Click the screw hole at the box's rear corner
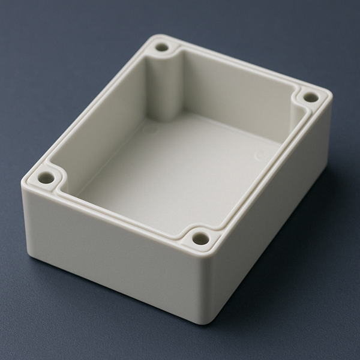coord(162,46)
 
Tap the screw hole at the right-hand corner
coord(310,97)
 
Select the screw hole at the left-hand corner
coord(47,178)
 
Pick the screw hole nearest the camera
coord(201,239)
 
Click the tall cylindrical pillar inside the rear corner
coord(164,84)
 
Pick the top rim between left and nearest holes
coord(120,210)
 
